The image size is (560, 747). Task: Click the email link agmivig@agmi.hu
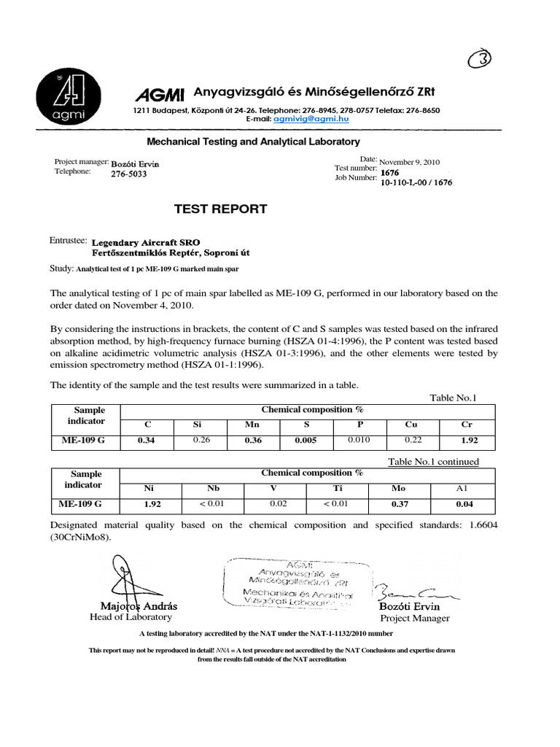tap(299, 117)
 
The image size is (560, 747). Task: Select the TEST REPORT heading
tap(220, 209)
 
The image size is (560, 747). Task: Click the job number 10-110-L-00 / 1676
tap(416, 182)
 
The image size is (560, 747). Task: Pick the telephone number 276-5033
tap(129, 174)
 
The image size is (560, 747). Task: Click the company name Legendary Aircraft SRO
tap(144, 241)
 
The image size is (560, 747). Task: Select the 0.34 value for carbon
tap(148, 440)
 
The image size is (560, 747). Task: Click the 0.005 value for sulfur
tap(306, 440)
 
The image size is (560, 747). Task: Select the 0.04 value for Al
tap(464, 503)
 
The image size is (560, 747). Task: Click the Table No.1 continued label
tap(433, 461)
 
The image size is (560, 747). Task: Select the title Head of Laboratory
tap(131, 617)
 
